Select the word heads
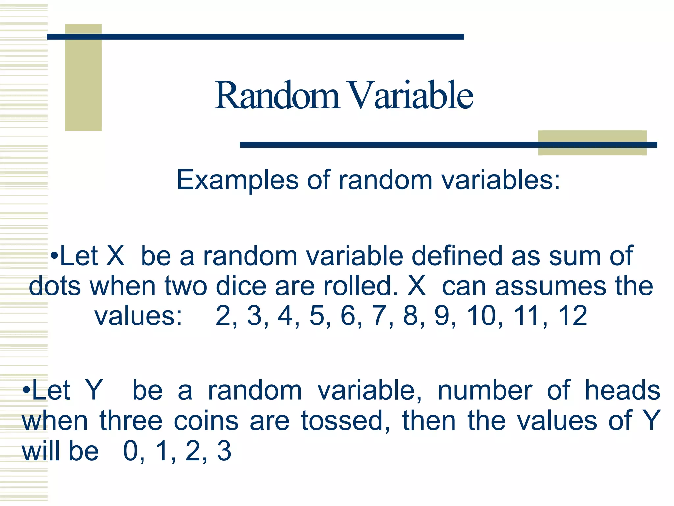tap(622, 390)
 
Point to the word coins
tap(206, 421)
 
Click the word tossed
tap(342, 421)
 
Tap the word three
tap(131, 421)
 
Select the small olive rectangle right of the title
tap(592, 143)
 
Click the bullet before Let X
tap(55, 256)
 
